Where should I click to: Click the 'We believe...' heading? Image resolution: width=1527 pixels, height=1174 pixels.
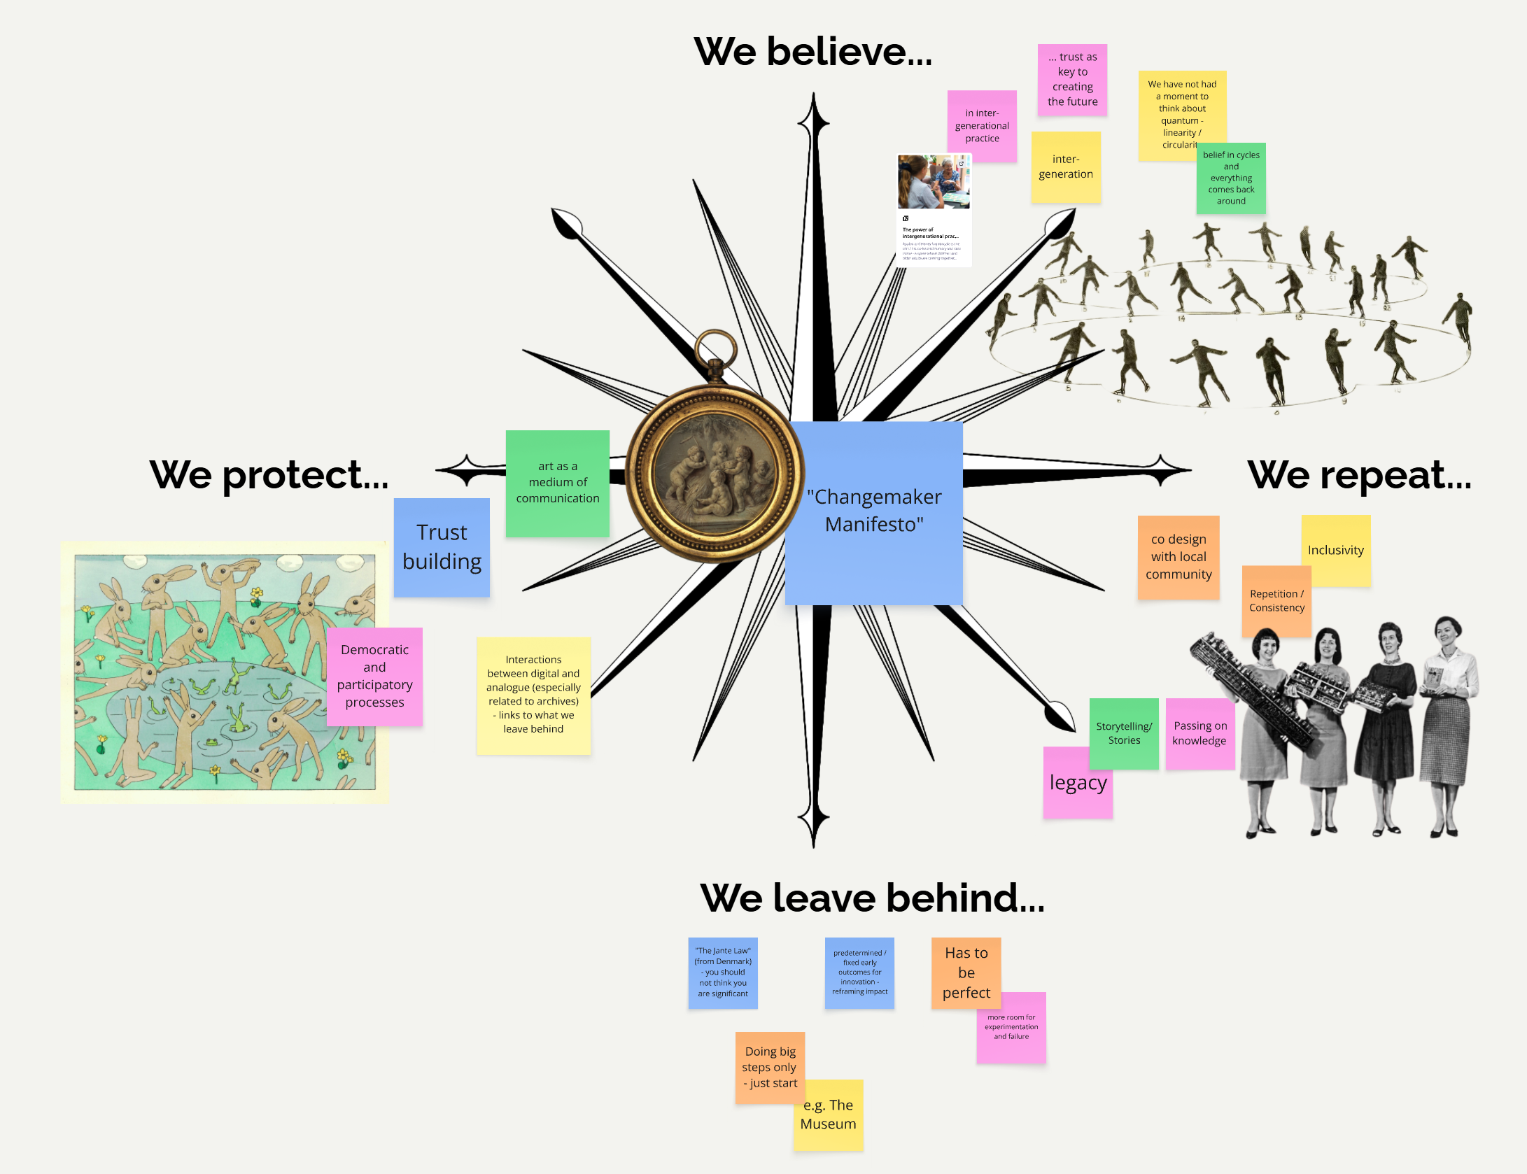(812, 52)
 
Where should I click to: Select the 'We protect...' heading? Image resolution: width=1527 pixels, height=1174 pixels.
(269, 476)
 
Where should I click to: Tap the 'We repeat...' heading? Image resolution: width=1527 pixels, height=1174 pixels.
(1359, 476)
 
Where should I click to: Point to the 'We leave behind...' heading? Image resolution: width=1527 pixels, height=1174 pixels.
(872, 898)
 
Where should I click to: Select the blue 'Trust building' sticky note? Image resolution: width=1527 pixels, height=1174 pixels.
(442, 547)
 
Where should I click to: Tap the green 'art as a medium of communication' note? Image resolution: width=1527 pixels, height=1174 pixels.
(557, 483)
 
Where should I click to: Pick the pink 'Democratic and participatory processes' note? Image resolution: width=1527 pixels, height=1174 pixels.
(374, 676)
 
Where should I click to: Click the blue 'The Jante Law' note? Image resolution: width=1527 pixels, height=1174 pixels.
(722, 973)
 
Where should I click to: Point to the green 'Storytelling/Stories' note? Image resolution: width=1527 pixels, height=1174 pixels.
(1124, 733)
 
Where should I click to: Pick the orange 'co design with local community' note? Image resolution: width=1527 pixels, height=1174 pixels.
(1178, 557)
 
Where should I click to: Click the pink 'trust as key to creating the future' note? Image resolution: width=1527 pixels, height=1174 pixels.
(1072, 79)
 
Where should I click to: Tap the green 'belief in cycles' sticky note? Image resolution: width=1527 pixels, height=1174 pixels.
(1231, 179)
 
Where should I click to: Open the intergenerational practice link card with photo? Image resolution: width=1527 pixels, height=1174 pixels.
(934, 210)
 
